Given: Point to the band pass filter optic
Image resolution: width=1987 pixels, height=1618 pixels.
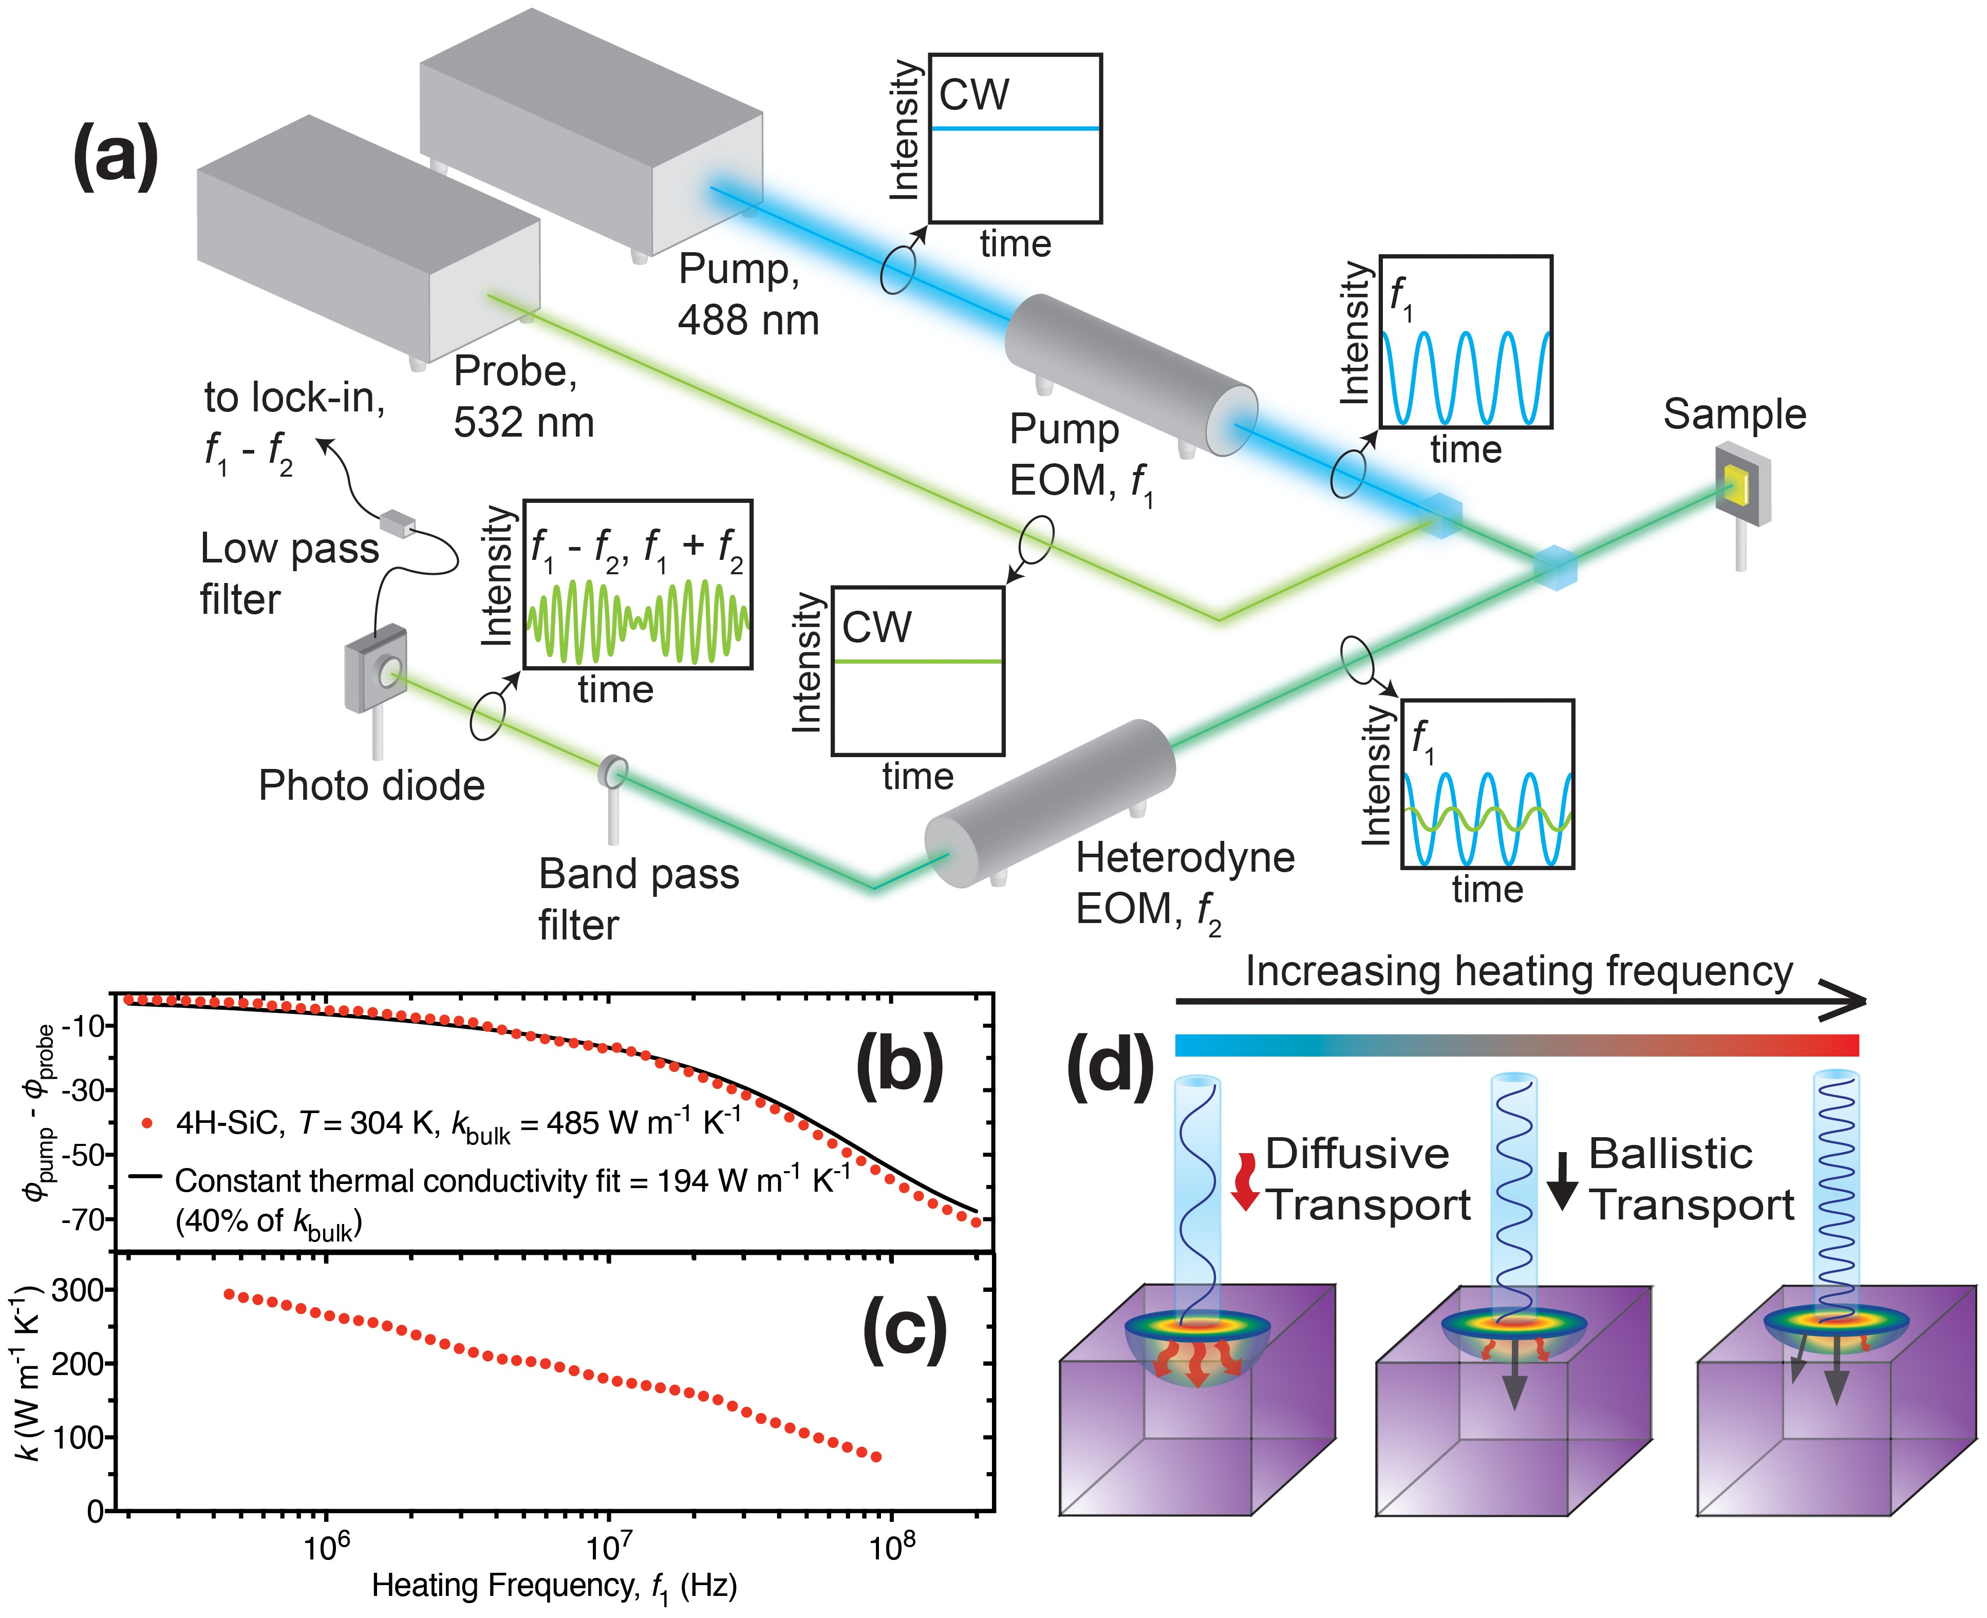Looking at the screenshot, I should [613, 772].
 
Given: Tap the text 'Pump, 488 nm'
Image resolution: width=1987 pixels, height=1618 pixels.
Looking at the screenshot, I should [747, 294].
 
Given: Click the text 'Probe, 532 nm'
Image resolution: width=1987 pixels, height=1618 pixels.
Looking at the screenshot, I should [523, 397].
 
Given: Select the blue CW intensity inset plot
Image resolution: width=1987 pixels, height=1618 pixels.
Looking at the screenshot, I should [1015, 138].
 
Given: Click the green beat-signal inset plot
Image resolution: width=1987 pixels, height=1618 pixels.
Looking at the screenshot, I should [638, 585].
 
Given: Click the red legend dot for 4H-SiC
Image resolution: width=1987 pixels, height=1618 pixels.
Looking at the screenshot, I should [146, 1123].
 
